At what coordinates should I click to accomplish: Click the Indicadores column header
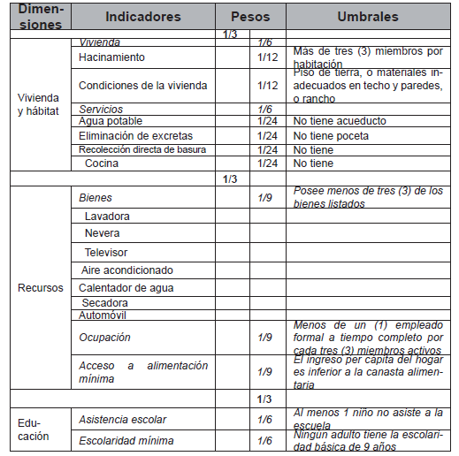point(142,17)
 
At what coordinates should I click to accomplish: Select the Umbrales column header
point(367,17)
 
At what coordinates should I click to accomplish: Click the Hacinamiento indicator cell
point(111,57)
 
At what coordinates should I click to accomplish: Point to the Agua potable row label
point(111,121)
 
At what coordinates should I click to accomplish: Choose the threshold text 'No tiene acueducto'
point(337,121)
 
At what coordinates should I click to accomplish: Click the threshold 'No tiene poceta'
point(331,136)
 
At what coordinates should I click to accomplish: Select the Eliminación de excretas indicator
point(135,136)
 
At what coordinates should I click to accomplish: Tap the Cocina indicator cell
point(103,163)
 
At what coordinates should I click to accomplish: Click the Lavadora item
point(107,217)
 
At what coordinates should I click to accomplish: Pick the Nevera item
point(103,234)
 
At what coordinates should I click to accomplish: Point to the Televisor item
point(106,253)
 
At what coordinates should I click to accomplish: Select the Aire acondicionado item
point(126,270)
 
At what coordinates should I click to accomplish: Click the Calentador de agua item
point(126,288)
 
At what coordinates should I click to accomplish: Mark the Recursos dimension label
point(40,288)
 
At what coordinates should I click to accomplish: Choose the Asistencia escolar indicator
point(122,419)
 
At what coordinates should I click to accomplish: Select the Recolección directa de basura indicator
point(142,150)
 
